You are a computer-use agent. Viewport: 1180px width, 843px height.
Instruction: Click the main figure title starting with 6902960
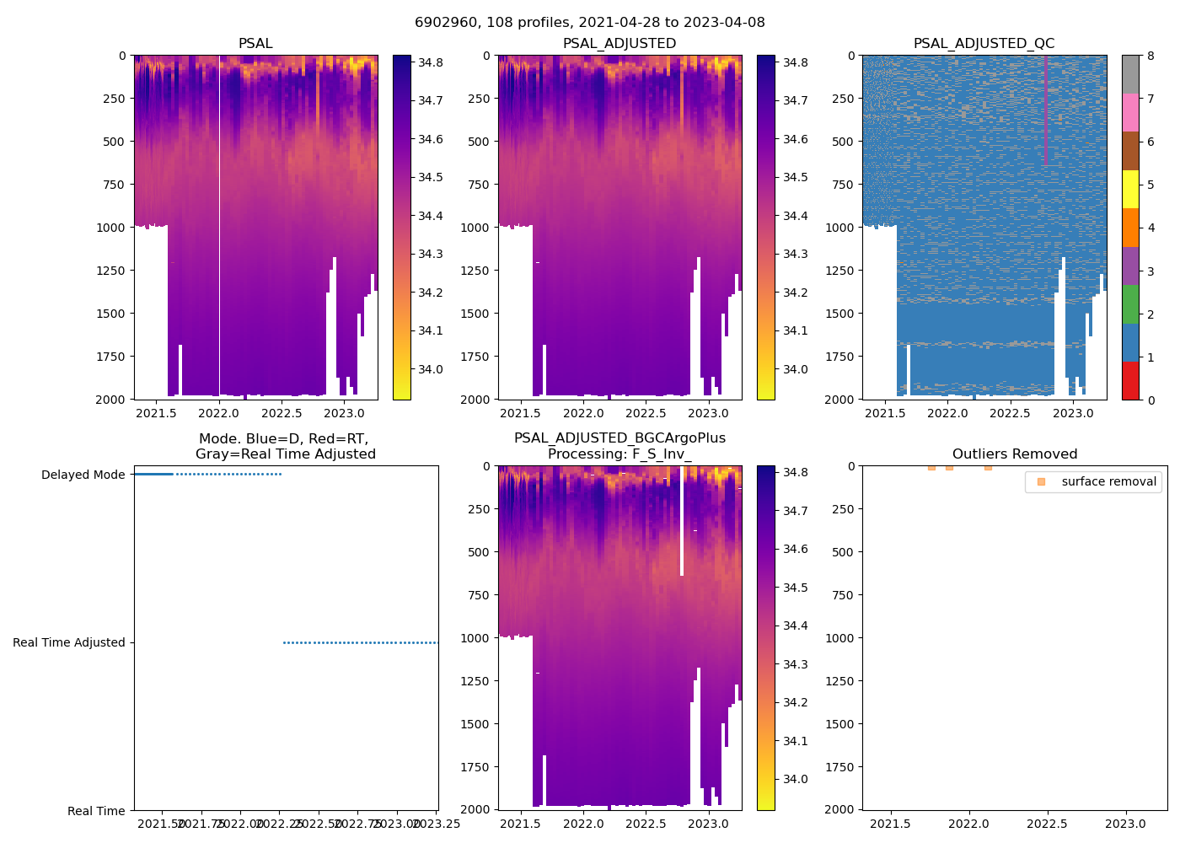click(590, 23)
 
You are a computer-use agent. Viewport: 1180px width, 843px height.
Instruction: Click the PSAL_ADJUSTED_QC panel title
click(984, 44)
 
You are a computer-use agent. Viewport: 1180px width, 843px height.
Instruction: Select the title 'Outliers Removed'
click(1015, 454)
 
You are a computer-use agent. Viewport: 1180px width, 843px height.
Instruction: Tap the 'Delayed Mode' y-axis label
click(83, 475)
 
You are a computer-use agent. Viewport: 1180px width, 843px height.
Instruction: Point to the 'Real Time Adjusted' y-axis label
click(69, 642)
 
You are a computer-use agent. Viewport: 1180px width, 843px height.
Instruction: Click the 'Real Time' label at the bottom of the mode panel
click(96, 811)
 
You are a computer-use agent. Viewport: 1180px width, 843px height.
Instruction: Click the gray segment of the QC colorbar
click(1130, 74)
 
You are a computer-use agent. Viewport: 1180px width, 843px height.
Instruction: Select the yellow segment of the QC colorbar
click(1130, 189)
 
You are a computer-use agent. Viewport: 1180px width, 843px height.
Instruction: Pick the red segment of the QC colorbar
click(1130, 380)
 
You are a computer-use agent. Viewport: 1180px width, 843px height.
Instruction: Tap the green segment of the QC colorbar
click(1130, 303)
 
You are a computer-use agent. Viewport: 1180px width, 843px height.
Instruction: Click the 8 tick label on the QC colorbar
click(1150, 56)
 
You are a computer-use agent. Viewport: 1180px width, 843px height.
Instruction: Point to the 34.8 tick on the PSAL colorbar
click(431, 62)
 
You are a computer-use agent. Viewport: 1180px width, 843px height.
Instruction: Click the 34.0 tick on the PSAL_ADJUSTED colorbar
click(795, 369)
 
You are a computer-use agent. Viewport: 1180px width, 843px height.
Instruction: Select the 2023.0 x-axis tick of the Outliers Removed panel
click(1125, 824)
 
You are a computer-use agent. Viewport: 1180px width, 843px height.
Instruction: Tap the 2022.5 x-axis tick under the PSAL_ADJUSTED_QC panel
click(1010, 413)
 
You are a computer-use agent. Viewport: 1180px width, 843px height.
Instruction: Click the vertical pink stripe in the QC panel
click(1046, 110)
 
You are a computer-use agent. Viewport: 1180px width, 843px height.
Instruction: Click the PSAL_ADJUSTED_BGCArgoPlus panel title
click(619, 446)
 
